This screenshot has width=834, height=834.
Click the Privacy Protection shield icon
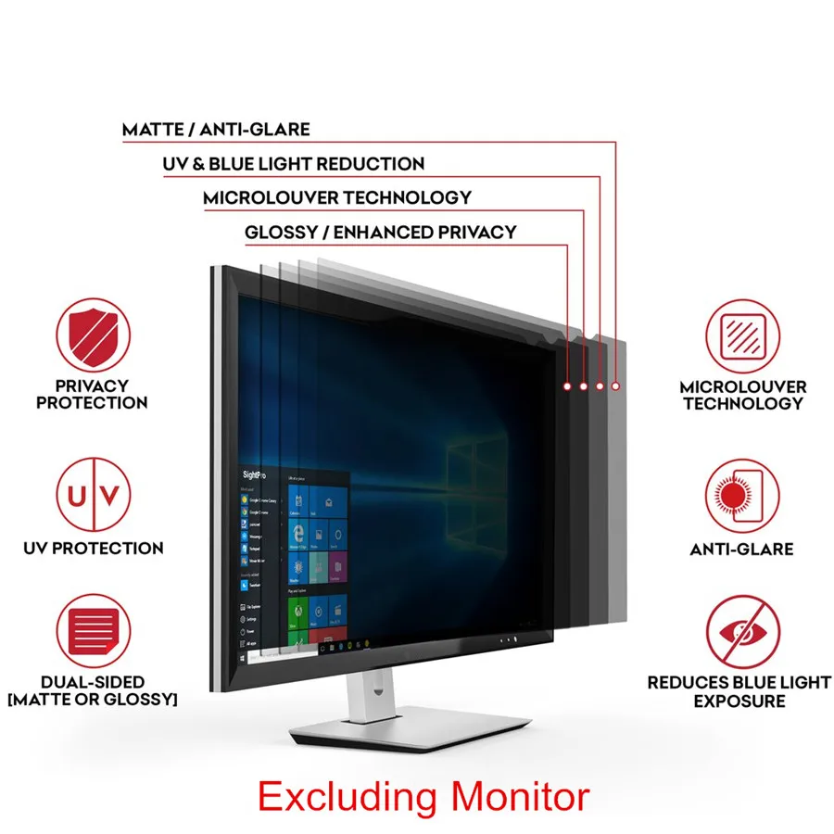point(93,335)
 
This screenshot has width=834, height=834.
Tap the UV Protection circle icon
point(93,496)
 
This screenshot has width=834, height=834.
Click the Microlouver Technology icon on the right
point(742,335)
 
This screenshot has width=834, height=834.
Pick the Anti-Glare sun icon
point(742,496)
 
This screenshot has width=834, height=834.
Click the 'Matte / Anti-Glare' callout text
point(216,130)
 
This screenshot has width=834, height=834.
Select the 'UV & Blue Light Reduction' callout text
point(294,164)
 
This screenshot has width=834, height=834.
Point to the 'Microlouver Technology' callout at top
point(337,197)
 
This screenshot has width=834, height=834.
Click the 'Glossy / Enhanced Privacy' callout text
point(381,232)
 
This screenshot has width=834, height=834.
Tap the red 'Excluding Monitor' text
point(423,796)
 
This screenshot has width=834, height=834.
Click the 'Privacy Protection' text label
point(92,394)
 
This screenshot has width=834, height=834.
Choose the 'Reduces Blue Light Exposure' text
point(739,691)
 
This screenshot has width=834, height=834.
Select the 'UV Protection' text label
point(94,548)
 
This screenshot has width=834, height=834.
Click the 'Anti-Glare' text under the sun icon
point(741,549)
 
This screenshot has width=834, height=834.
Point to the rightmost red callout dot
point(616,384)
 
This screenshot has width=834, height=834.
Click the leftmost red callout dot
point(566,384)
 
